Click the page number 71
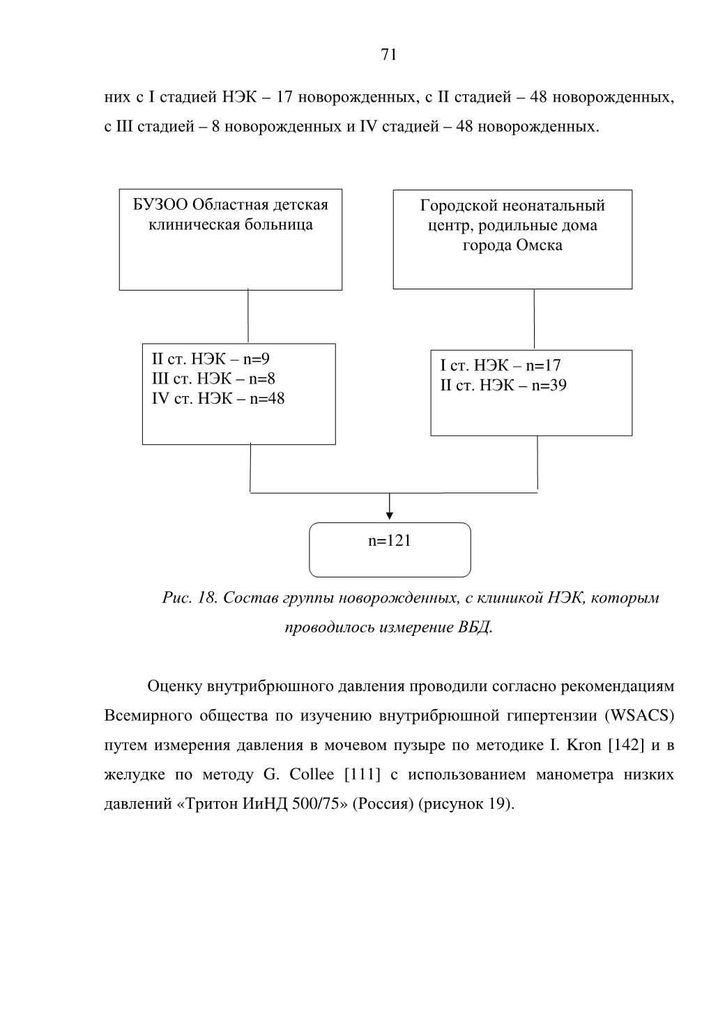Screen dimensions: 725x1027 click(388, 54)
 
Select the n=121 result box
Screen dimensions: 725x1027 click(390, 549)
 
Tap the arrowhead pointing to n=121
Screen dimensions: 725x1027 click(390, 516)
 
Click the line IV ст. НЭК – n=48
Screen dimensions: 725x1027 click(218, 398)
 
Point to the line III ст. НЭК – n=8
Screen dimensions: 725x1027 click(213, 379)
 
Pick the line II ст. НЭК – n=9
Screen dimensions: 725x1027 click(211, 358)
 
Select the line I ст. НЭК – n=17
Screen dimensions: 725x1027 click(501, 365)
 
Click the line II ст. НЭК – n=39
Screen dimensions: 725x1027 click(503, 385)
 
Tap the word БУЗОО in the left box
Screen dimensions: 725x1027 click(160, 205)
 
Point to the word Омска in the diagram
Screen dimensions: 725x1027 click(540, 245)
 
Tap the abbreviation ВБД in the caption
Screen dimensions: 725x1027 click(475, 627)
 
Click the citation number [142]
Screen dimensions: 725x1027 click(625, 745)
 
